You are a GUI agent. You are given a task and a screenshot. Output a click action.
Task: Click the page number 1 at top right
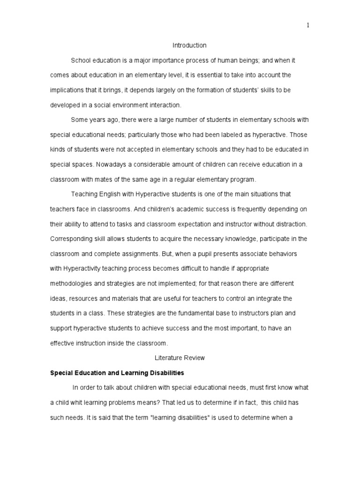308,26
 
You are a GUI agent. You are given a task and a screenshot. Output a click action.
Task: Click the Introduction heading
189,45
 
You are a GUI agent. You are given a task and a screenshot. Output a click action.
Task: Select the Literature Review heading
180,358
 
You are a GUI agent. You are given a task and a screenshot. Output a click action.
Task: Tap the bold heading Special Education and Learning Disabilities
117,373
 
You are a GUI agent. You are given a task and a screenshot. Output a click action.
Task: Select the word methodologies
70,284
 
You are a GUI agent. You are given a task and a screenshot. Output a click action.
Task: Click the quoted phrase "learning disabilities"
174,418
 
